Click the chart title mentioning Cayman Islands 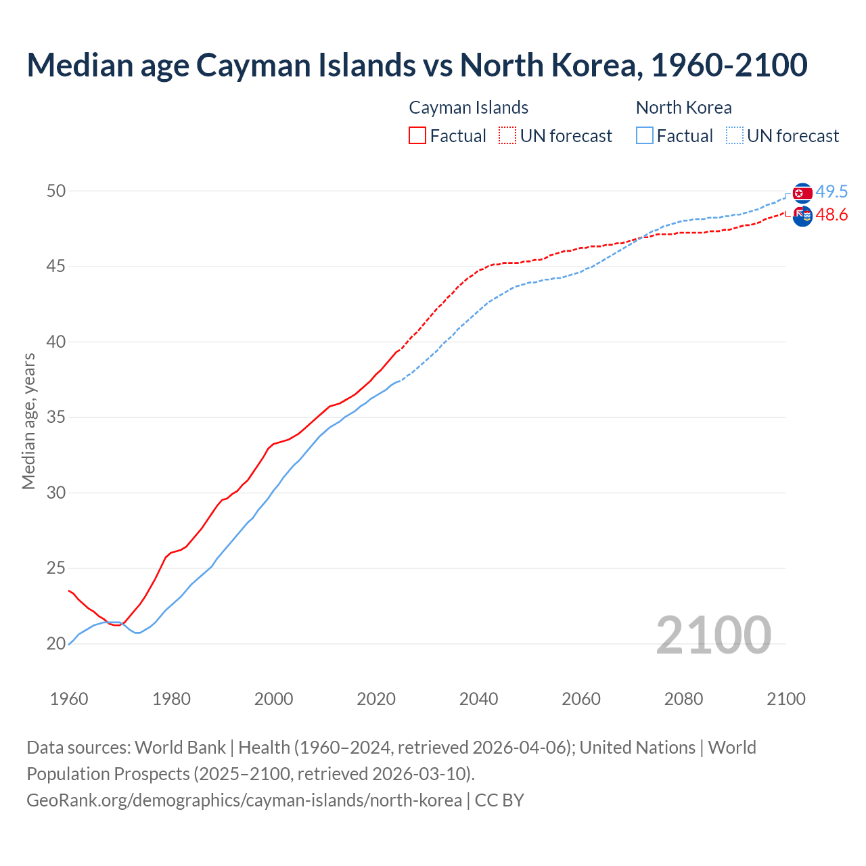click(x=417, y=66)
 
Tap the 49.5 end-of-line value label click(x=831, y=192)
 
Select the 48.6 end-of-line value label click(x=831, y=215)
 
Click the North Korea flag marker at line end click(x=802, y=193)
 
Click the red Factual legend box click(x=417, y=136)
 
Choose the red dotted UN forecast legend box click(x=507, y=136)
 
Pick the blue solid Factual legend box click(x=645, y=136)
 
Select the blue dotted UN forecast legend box click(x=735, y=136)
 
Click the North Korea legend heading click(x=683, y=108)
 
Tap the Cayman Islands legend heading click(x=468, y=108)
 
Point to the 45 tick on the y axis click(x=55, y=267)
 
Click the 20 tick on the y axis click(x=55, y=644)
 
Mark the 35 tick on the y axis click(x=55, y=417)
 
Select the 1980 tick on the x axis click(x=171, y=699)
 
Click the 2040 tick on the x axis click(x=478, y=699)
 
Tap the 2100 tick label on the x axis click(x=785, y=699)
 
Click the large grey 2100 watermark click(x=713, y=635)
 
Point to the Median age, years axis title click(x=28, y=421)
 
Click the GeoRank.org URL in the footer click(x=244, y=800)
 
